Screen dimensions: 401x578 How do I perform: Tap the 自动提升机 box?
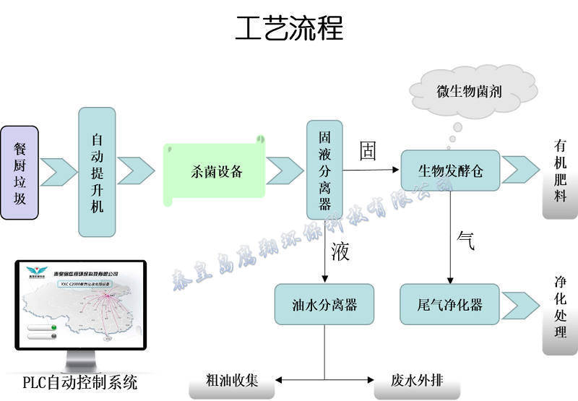click(97, 172)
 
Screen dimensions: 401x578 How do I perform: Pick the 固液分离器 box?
click(324, 170)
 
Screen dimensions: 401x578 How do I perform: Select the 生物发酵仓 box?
click(450, 171)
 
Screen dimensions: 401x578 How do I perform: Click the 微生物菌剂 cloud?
click(469, 92)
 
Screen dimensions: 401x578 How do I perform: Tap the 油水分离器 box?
click(324, 304)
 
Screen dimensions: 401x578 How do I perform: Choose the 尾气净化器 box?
click(450, 304)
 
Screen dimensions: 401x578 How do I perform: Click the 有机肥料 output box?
click(560, 171)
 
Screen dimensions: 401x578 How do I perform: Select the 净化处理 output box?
click(560, 315)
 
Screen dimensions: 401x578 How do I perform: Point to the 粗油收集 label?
click(232, 380)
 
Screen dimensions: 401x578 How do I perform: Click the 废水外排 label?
click(417, 380)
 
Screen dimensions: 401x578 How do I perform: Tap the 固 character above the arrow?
click(368, 151)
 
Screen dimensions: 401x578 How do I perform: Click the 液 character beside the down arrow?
click(340, 251)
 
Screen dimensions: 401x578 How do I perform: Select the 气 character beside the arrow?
click(466, 241)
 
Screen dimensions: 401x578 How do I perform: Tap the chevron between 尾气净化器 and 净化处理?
click(519, 304)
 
